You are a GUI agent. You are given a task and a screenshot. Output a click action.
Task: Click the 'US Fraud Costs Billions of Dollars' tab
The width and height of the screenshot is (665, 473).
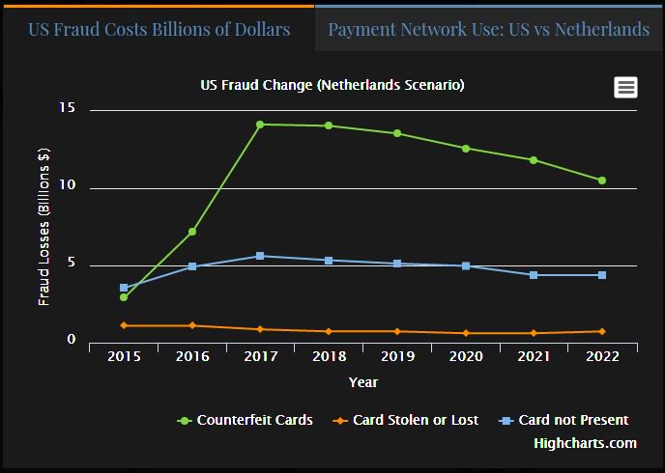coord(159,29)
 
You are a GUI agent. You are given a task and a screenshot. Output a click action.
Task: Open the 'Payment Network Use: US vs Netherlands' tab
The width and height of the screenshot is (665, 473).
coord(488,29)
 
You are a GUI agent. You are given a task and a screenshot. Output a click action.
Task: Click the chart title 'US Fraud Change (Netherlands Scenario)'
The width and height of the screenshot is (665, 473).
coord(332,85)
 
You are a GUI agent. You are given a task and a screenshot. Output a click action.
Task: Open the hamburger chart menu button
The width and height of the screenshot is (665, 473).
coord(625,87)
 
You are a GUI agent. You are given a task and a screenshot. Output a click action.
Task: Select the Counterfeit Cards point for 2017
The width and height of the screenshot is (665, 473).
coord(260,125)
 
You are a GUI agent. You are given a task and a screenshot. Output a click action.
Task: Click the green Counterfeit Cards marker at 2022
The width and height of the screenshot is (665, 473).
coord(601,181)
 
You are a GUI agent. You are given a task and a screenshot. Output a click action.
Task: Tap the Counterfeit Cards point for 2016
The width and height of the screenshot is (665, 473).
coord(192,232)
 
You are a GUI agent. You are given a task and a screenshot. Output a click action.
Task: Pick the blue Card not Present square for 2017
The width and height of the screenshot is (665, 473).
coord(260,256)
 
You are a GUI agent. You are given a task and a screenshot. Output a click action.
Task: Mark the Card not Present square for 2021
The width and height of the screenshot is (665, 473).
coord(534,275)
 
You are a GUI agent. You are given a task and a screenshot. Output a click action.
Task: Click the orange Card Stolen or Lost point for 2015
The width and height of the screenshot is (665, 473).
coord(124,325)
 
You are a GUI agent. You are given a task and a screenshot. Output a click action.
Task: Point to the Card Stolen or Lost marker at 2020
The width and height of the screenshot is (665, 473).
coord(465,333)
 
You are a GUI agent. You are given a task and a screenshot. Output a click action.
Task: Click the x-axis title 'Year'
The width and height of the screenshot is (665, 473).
coord(362,383)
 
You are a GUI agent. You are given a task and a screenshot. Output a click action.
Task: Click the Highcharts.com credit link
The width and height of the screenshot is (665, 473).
coord(585,443)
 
